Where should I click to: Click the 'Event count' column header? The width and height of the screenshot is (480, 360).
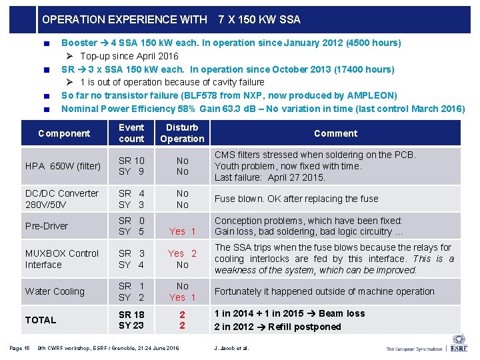click(x=131, y=133)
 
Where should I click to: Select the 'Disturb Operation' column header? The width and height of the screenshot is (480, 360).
click(x=182, y=133)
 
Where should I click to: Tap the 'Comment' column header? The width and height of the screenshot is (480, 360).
click(x=335, y=133)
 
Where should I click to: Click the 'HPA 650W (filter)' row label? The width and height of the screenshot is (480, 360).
click(x=63, y=166)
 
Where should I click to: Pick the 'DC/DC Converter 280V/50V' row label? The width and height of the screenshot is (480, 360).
click(x=62, y=199)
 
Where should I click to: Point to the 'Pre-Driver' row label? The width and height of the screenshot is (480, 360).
click(x=47, y=226)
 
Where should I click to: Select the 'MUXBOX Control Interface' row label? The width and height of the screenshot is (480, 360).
click(x=62, y=259)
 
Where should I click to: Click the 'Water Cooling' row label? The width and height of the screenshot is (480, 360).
click(x=55, y=291)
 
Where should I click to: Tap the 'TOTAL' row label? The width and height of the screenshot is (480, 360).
click(x=41, y=320)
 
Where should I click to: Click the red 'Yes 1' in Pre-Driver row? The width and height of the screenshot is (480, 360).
click(x=182, y=231)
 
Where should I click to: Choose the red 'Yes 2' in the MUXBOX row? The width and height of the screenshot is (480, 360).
click(x=182, y=253)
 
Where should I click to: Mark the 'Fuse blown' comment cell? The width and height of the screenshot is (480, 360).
click(x=296, y=199)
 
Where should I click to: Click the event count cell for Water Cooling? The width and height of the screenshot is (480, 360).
click(x=131, y=291)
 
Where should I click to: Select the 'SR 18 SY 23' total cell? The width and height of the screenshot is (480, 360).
click(x=131, y=320)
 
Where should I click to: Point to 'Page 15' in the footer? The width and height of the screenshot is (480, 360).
click(x=19, y=347)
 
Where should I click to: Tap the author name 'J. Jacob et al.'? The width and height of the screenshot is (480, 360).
click(x=231, y=348)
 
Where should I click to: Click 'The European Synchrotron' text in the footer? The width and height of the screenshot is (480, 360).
click(x=413, y=348)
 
